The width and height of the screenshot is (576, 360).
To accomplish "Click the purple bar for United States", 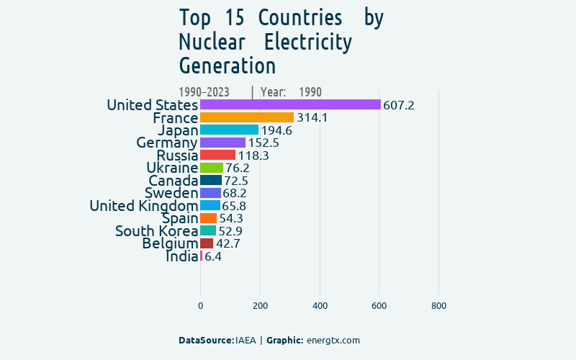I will click(290, 104).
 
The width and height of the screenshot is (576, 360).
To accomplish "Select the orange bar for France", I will click(247, 117).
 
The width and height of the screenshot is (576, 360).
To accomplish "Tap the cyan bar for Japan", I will click(229, 130).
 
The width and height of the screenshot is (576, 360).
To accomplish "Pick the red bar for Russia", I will click(217, 155).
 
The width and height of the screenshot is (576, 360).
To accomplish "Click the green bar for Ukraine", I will click(212, 168).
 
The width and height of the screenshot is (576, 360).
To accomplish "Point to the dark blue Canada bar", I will click(211, 180).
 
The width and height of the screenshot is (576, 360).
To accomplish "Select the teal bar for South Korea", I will click(208, 230).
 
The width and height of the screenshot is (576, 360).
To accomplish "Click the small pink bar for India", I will click(202, 256).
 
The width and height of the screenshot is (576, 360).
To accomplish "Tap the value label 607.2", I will click(398, 105).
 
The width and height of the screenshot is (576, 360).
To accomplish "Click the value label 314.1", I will click(312, 117).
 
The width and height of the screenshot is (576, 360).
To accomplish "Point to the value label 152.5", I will click(264, 143).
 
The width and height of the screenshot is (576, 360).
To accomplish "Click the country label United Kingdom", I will click(143, 206).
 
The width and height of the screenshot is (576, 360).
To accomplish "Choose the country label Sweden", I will click(171, 193).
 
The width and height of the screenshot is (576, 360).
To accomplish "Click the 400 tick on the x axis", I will click(320, 306).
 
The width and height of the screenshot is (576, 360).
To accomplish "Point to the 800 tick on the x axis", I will click(438, 306).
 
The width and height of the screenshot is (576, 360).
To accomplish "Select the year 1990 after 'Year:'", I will click(310, 92).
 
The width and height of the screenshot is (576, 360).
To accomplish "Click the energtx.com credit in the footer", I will click(333, 341).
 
